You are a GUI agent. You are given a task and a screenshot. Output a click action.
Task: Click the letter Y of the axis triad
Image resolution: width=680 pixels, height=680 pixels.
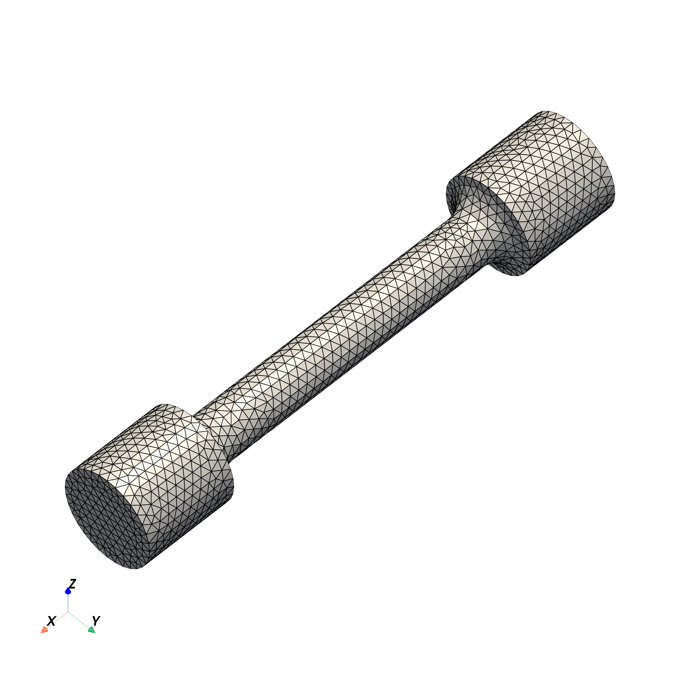pyautogui.click(x=96, y=621)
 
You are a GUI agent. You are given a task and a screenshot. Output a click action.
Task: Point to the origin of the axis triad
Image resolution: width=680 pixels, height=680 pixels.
pyautogui.click(x=68, y=612)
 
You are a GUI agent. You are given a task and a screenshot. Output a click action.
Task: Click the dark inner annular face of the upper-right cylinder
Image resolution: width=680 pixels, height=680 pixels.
pyautogui.click(x=507, y=225)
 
